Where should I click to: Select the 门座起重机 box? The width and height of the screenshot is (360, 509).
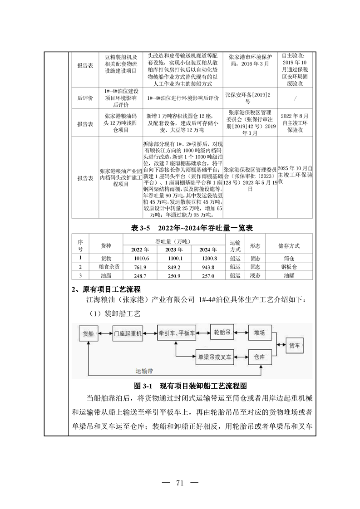(x=128, y=334)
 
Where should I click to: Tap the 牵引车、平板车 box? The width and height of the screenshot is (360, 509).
(x=177, y=333)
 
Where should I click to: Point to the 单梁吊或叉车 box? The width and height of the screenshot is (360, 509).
(x=213, y=357)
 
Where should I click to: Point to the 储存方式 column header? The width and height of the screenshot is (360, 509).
(x=288, y=245)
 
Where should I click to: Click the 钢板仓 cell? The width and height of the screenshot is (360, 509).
(x=288, y=267)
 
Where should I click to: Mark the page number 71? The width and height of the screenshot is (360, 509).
(x=180, y=483)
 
